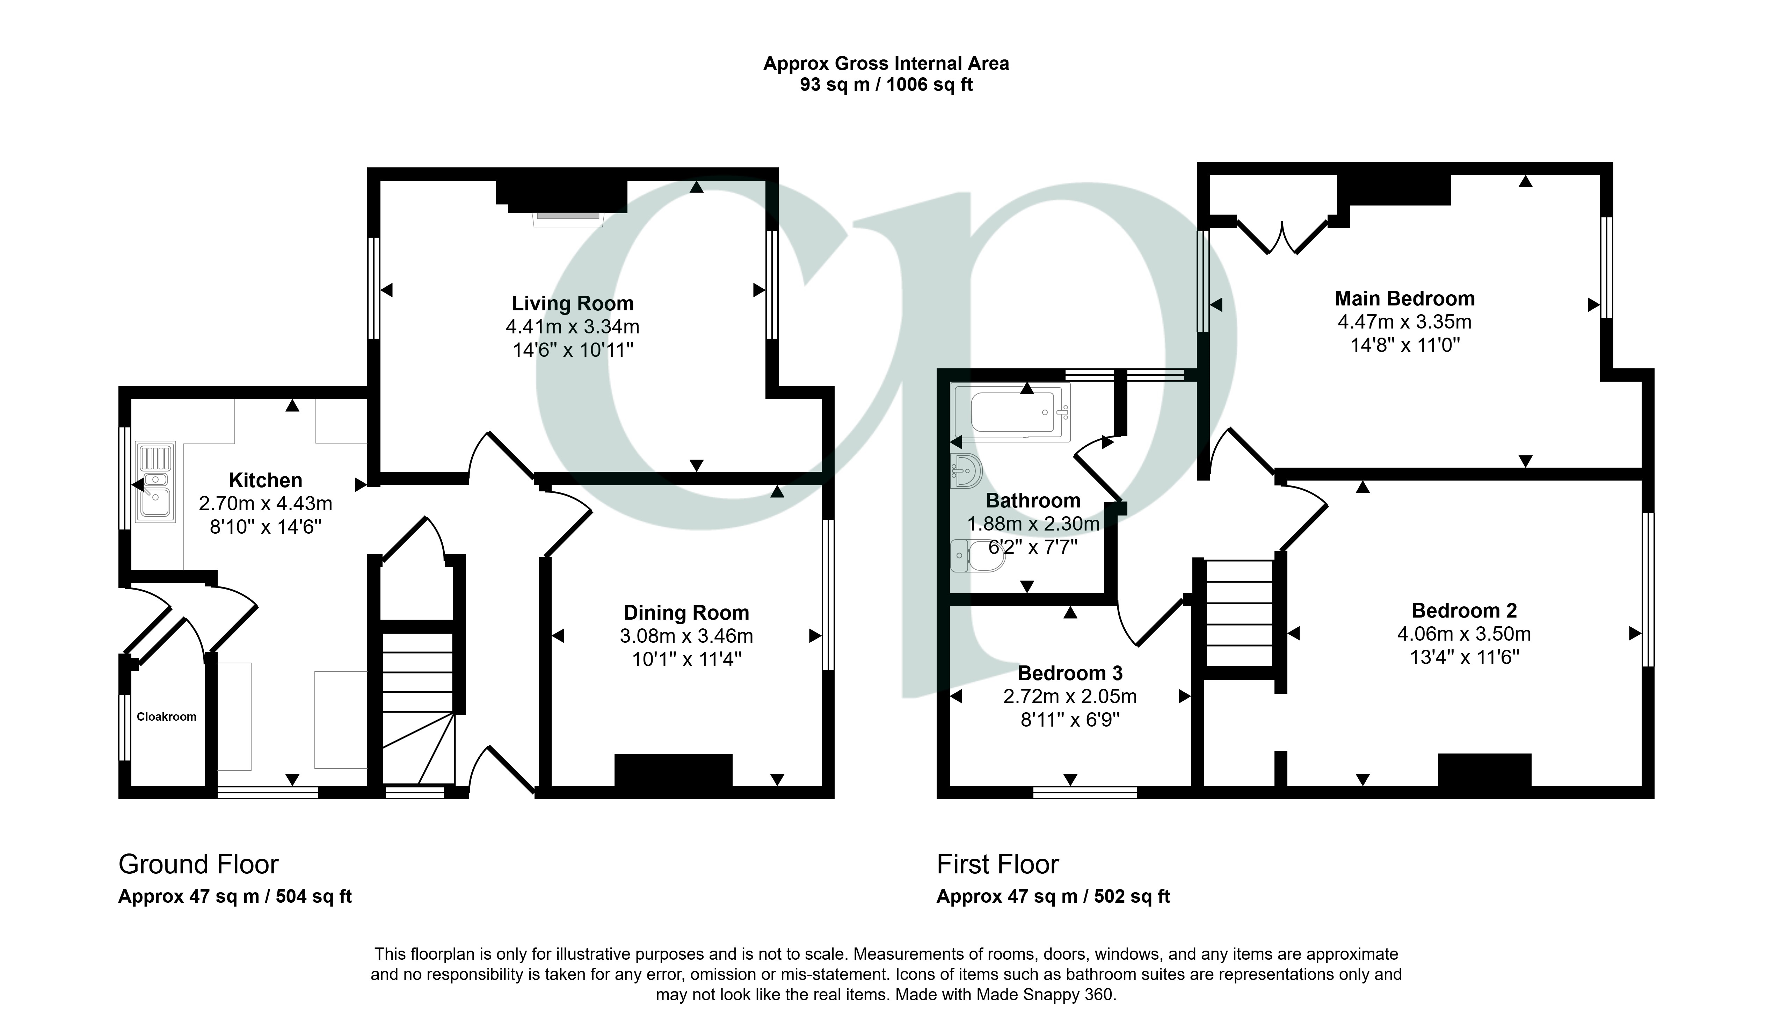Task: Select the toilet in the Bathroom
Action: tap(976, 556)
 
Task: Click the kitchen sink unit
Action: tap(155, 482)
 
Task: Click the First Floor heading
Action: tap(998, 864)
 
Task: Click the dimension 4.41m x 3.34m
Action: tap(573, 326)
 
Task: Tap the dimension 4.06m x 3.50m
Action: tap(1464, 634)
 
